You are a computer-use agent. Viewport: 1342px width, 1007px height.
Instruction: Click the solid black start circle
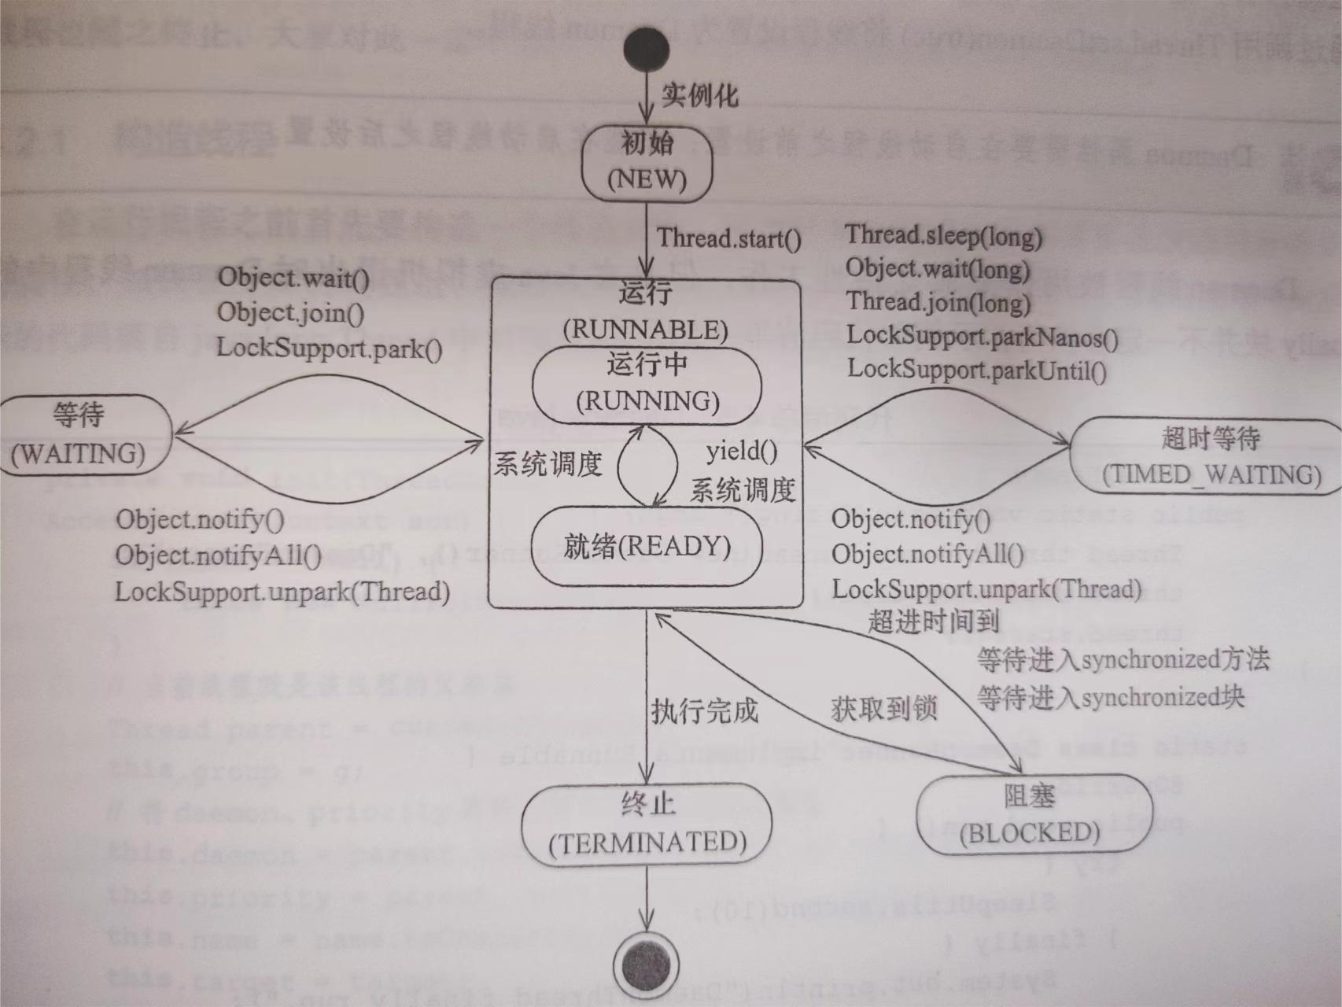646,51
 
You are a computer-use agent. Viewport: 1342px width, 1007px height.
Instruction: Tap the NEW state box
647,163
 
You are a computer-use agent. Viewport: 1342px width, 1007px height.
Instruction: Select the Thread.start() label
729,238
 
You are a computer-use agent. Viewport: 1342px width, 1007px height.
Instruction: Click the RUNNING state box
647,384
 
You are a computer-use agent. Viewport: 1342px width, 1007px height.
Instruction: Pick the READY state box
647,546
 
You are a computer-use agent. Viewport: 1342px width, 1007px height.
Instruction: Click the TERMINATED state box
647,824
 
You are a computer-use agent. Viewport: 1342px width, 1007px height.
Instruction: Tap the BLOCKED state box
1032,816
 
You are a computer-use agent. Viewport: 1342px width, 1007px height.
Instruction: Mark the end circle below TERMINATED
647,966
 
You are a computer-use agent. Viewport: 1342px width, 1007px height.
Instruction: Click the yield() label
742,452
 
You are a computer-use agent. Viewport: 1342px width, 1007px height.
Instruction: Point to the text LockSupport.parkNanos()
982,337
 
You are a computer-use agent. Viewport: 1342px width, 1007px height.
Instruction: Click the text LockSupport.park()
329,347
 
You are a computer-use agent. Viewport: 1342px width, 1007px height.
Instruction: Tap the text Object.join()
290,312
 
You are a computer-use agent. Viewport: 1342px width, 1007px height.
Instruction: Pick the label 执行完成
704,711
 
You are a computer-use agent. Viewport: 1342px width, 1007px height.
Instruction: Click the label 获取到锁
883,709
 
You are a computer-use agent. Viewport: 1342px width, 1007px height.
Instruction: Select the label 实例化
699,95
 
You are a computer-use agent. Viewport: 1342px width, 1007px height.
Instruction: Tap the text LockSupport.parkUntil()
976,369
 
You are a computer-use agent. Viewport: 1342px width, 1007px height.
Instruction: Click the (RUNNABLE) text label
646,330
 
